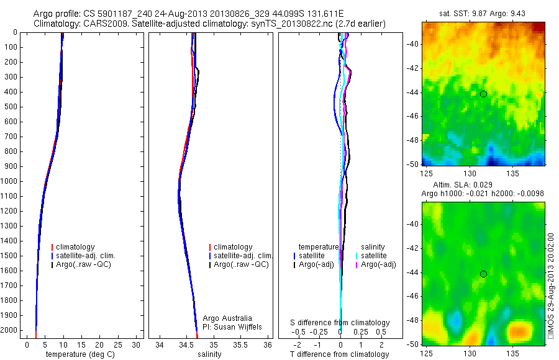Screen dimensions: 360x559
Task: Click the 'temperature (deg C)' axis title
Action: point(78,354)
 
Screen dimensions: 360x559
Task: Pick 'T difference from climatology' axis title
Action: point(339,354)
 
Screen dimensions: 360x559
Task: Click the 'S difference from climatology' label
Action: point(340,323)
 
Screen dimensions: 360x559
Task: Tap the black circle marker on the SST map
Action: point(483,94)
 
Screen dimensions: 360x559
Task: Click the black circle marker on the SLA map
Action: point(483,274)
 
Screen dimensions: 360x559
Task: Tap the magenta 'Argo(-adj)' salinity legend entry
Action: point(378,264)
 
